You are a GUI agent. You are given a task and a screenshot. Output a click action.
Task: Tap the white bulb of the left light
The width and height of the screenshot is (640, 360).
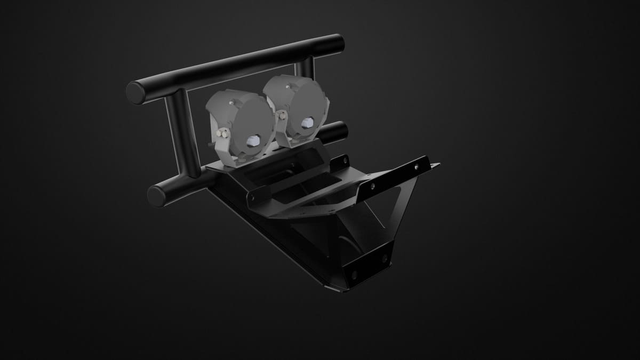click(x=253, y=141)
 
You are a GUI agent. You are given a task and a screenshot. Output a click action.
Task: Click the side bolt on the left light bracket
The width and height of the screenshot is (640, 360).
click(x=223, y=134)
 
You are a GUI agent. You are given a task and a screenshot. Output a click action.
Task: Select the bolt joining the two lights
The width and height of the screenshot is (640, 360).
click(x=281, y=113)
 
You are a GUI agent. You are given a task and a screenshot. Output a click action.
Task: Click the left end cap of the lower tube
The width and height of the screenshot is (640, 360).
click(x=157, y=196)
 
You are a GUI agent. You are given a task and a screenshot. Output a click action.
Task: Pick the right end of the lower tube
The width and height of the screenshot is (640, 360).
click(x=341, y=130)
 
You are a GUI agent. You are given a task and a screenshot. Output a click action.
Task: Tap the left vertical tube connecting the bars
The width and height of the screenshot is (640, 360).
click(x=182, y=133)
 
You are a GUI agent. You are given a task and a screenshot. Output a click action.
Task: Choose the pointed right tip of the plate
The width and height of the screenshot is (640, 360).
click(x=437, y=165)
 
